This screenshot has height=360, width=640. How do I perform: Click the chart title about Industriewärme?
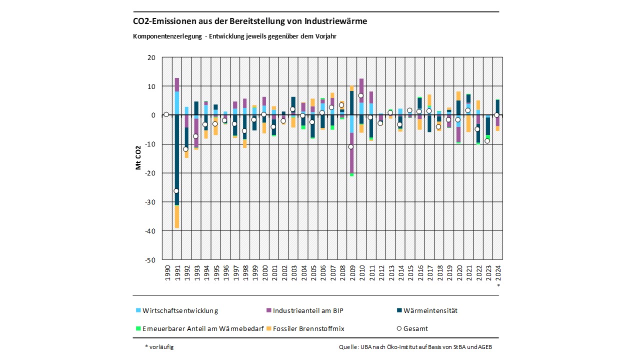250,21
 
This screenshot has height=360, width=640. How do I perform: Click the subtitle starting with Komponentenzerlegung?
238,36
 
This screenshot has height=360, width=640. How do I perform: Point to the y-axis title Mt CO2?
138,158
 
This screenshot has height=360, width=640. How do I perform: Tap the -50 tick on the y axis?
151,260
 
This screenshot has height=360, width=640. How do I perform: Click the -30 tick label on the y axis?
151,202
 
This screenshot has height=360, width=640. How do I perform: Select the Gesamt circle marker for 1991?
176,191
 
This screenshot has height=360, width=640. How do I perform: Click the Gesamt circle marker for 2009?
351,146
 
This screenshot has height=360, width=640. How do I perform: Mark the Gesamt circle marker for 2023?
487,141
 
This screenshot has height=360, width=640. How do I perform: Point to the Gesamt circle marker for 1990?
166,114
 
